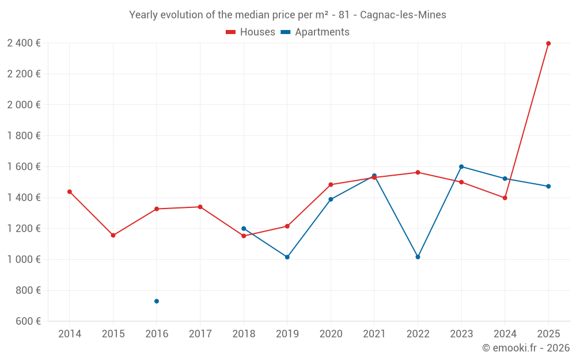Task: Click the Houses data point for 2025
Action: click(548, 43)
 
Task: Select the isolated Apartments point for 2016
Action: click(157, 301)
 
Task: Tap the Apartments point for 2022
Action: click(418, 257)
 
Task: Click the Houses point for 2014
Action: click(70, 192)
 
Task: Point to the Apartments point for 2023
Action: click(461, 166)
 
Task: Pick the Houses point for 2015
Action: click(113, 235)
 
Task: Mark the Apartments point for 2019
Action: click(287, 257)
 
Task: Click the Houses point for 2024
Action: click(505, 198)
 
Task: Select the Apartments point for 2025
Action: click(548, 186)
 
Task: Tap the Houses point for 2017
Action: click(200, 207)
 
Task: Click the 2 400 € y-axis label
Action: click(24, 43)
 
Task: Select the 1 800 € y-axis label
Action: click(24, 136)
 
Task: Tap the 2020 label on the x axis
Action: click(331, 334)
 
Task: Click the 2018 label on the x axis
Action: click(244, 334)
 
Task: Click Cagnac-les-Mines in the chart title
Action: click(403, 15)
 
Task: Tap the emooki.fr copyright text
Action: click(526, 348)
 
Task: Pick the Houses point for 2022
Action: click(418, 172)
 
